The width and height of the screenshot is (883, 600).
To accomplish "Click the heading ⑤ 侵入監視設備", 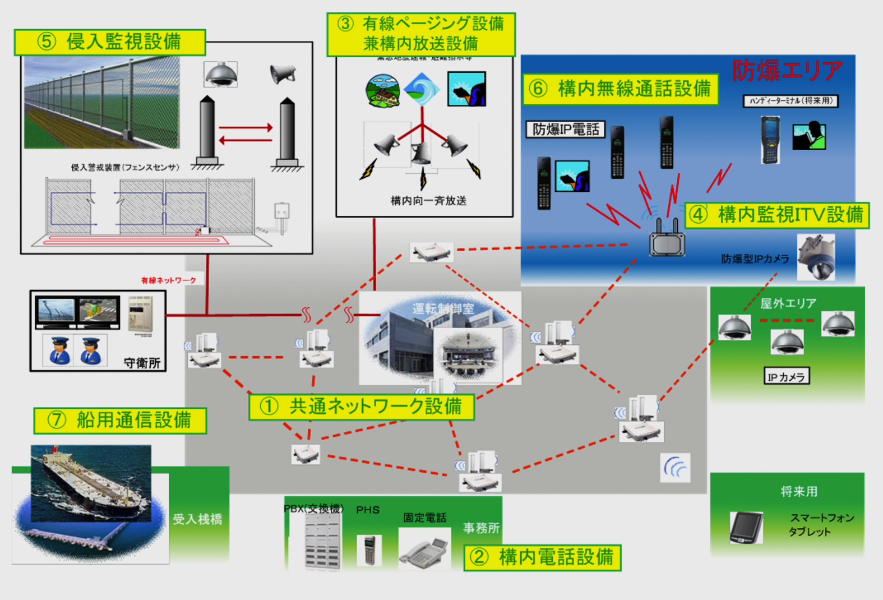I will click(110, 42).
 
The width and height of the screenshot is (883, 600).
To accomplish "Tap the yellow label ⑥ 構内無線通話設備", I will click(620, 89).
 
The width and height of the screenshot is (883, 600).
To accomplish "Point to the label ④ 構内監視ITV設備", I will click(778, 215).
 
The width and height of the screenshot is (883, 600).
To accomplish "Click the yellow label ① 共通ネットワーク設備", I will click(362, 407).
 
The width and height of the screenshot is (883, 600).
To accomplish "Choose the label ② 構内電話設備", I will click(542, 557).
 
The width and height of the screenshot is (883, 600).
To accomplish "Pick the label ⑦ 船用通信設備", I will click(120, 420).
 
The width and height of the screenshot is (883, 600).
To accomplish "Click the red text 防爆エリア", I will click(787, 71).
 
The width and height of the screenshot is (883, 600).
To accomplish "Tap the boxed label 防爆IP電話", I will click(565, 130).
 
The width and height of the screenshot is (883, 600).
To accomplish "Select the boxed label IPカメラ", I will click(786, 377).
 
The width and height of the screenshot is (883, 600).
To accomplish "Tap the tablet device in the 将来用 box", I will click(746, 527).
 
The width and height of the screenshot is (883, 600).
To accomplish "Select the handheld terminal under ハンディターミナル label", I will click(770, 140).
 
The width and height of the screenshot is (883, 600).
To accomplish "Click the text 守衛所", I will click(142, 363).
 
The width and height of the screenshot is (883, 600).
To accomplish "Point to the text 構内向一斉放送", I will click(428, 201).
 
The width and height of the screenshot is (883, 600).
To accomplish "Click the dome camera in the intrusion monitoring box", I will click(221, 75).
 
